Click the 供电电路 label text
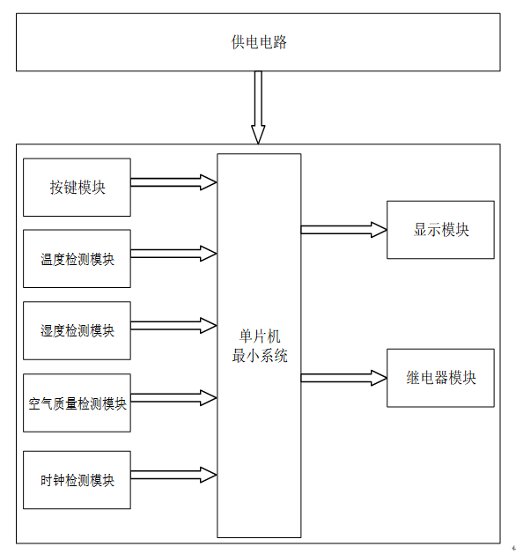click(259, 42)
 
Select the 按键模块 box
click(77, 188)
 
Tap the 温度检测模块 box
click(77, 259)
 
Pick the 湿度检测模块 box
click(77, 330)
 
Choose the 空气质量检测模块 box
click(77, 403)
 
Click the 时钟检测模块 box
click(77, 480)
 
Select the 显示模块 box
click(440, 230)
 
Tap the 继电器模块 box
click(440, 378)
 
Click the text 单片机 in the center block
click(260, 336)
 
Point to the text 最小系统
click(260, 356)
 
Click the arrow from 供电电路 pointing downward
click(258, 107)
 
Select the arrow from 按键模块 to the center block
click(173, 182)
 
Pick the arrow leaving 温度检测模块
click(173, 254)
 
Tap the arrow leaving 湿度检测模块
click(173, 325)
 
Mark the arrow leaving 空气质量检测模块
click(173, 398)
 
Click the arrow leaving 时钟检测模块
click(173, 475)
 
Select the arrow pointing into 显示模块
click(344, 230)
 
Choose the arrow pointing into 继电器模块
click(344, 378)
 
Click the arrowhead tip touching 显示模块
click(387, 230)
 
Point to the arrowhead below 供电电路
click(258, 135)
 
